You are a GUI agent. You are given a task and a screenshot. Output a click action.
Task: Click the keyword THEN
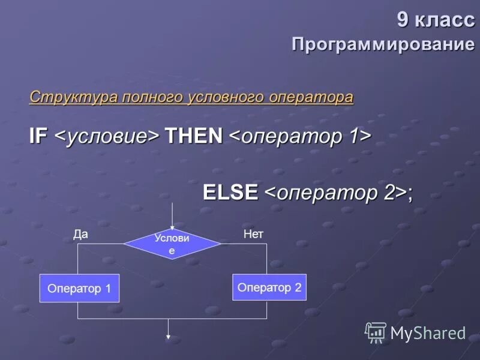(x=194, y=136)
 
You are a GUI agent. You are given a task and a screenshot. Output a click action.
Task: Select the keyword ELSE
(x=230, y=192)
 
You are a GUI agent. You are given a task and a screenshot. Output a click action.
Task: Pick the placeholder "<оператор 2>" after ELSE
(x=335, y=193)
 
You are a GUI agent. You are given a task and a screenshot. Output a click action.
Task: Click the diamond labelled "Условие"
(x=172, y=244)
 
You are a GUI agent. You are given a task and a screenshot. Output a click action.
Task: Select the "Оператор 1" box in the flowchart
(x=79, y=288)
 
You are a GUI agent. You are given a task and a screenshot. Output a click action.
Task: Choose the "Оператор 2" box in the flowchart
(x=269, y=287)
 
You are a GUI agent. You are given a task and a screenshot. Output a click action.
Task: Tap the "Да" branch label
(x=80, y=234)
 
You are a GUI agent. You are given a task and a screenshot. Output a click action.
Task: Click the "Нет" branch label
(x=253, y=234)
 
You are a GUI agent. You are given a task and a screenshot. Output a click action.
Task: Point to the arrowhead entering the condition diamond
(x=172, y=226)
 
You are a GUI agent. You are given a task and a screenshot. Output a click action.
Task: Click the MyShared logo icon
(x=376, y=332)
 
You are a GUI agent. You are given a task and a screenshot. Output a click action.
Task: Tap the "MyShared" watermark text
(x=428, y=333)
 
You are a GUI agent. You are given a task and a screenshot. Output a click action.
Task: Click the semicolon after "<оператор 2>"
(x=410, y=194)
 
